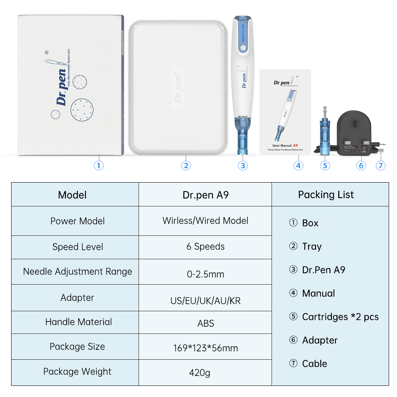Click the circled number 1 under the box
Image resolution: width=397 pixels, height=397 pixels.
[x=99, y=165]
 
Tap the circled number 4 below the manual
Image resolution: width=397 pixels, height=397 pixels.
[x=299, y=165]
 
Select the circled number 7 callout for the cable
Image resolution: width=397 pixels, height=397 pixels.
[x=381, y=165]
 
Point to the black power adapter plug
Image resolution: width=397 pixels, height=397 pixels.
[x=355, y=133]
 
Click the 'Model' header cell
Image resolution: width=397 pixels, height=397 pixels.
[x=72, y=195]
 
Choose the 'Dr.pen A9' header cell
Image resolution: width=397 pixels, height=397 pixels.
[x=205, y=195]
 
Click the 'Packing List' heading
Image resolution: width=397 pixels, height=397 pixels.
[x=326, y=195]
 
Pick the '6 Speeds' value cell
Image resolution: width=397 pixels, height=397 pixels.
[x=205, y=247]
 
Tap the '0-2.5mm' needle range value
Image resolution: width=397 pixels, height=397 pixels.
[x=205, y=274]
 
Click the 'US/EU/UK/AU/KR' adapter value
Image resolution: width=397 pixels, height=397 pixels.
[x=205, y=301]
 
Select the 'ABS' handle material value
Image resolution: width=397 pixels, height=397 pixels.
[x=205, y=323]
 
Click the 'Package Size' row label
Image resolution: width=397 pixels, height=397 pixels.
[x=77, y=347]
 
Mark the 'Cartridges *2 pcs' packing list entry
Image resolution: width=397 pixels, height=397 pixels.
[x=340, y=317]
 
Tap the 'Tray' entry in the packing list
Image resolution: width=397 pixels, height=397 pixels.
[x=311, y=247]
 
